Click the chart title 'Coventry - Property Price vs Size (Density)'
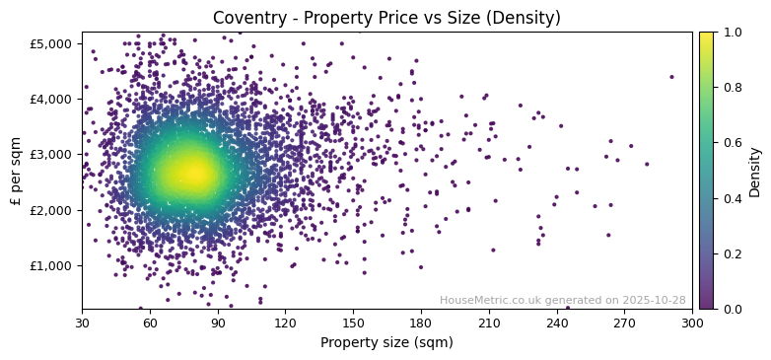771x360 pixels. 386,18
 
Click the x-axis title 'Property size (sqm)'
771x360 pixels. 386,343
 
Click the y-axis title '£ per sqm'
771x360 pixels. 16,170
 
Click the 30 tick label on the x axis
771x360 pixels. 82,323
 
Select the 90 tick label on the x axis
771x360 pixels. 218,323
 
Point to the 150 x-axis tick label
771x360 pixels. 353,323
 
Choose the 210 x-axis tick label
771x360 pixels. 489,323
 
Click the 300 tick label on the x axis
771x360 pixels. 692,323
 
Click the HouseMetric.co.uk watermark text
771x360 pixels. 562,300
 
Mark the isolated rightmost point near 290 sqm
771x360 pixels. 671,77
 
